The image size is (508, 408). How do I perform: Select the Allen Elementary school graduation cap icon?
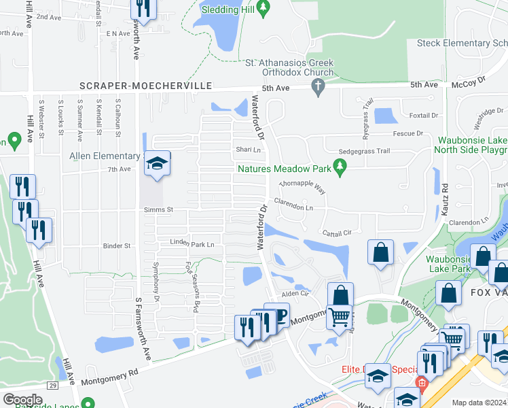pyautogui.click(x=157, y=163)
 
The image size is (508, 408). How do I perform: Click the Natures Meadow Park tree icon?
pyautogui.click(x=341, y=165)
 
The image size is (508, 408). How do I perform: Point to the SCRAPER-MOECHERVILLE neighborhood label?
pyautogui.click(x=146, y=86)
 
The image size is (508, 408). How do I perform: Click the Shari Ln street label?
pyautogui.click(x=248, y=150)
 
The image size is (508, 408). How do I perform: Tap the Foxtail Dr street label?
pyautogui.click(x=424, y=116)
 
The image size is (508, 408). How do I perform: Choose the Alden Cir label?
pyautogui.click(x=295, y=294)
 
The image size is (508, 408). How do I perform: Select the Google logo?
pyautogui.click(x=22, y=400)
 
